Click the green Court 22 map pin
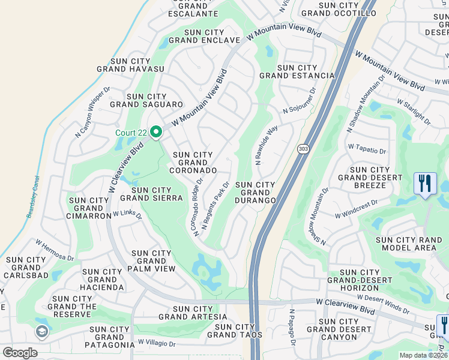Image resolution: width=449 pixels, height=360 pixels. pyautogui.click(x=156, y=131)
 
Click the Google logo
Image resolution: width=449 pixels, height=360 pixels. pyautogui.click(x=20, y=352)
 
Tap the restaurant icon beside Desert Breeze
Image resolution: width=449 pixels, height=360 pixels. pyautogui.click(x=425, y=184)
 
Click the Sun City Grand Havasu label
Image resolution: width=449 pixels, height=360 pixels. pyautogui.click(x=138, y=65)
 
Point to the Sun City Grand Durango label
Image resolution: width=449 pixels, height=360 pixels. pyautogui.click(x=255, y=192)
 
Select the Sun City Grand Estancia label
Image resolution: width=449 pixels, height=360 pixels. pyautogui.click(x=297, y=71)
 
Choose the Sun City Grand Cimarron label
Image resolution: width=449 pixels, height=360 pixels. pyautogui.click(x=89, y=208)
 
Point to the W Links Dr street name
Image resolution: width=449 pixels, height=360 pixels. pyautogui.click(x=127, y=214)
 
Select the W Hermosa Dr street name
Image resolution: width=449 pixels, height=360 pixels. pyautogui.click(x=54, y=250)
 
